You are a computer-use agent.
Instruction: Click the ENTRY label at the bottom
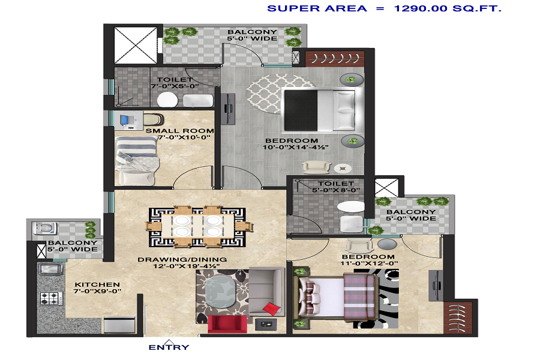169,347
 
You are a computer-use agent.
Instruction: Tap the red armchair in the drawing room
227,324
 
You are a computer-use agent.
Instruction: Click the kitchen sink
50,269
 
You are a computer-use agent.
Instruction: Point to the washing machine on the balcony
44,229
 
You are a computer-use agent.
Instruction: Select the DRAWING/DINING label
182,259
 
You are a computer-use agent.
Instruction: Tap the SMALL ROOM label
180,131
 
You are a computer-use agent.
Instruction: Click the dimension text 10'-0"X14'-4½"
295,148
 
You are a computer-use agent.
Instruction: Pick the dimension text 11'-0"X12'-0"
369,263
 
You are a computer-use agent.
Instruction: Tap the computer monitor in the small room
125,120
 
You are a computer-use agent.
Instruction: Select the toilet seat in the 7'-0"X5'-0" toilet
167,100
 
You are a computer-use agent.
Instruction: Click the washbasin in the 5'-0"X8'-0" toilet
352,224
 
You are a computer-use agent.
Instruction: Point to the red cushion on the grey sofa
272,308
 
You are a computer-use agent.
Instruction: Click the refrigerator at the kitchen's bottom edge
119,325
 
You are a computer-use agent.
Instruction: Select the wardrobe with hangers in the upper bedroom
335,59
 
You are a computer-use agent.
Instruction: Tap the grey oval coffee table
220,292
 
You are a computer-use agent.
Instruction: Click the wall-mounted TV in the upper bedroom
227,109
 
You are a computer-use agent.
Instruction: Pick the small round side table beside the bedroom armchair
343,169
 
